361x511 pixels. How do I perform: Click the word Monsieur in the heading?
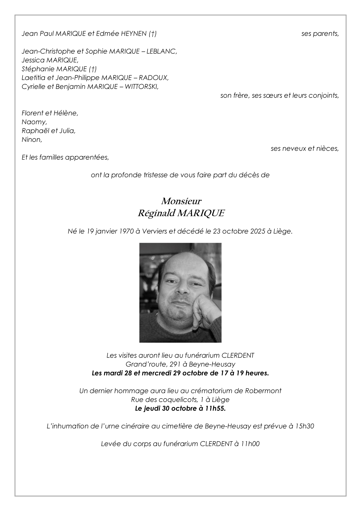click(x=181, y=201)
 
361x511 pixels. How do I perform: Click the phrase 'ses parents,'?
click(x=320, y=34)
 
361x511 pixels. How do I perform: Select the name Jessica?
click(x=33, y=60)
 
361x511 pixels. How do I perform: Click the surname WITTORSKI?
click(x=141, y=87)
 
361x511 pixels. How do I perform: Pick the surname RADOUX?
click(x=154, y=78)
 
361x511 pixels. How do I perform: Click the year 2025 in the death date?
click(x=258, y=232)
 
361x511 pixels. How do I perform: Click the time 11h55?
click(x=215, y=408)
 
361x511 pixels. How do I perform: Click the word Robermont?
click(x=263, y=391)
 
